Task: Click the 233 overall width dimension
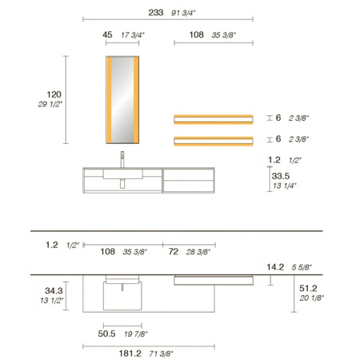[x=156, y=13]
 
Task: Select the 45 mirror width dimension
[x=107, y=34]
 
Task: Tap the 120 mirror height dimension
[x=54, y=94]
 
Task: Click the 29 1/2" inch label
[x=50, y=104]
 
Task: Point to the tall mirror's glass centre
[x=122, y=100]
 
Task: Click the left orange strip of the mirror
[x=109, y=100]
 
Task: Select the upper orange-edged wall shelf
[x=214, y=119]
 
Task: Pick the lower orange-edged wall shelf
[x=214, y=141]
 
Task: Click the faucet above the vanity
[x=122, y=159]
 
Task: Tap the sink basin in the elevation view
[x=123, y=174]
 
